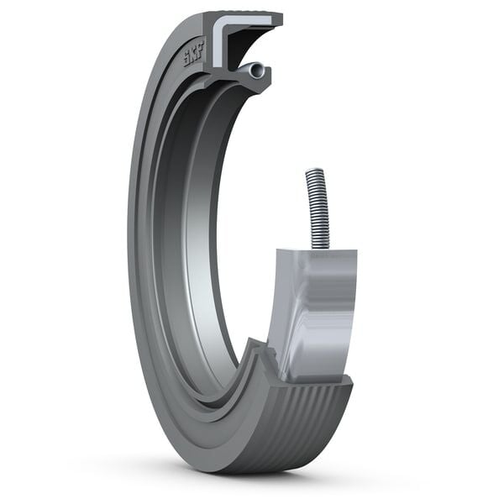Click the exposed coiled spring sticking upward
click(317, 206)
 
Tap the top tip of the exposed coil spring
click(312, 171)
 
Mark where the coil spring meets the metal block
click(319, 246)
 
